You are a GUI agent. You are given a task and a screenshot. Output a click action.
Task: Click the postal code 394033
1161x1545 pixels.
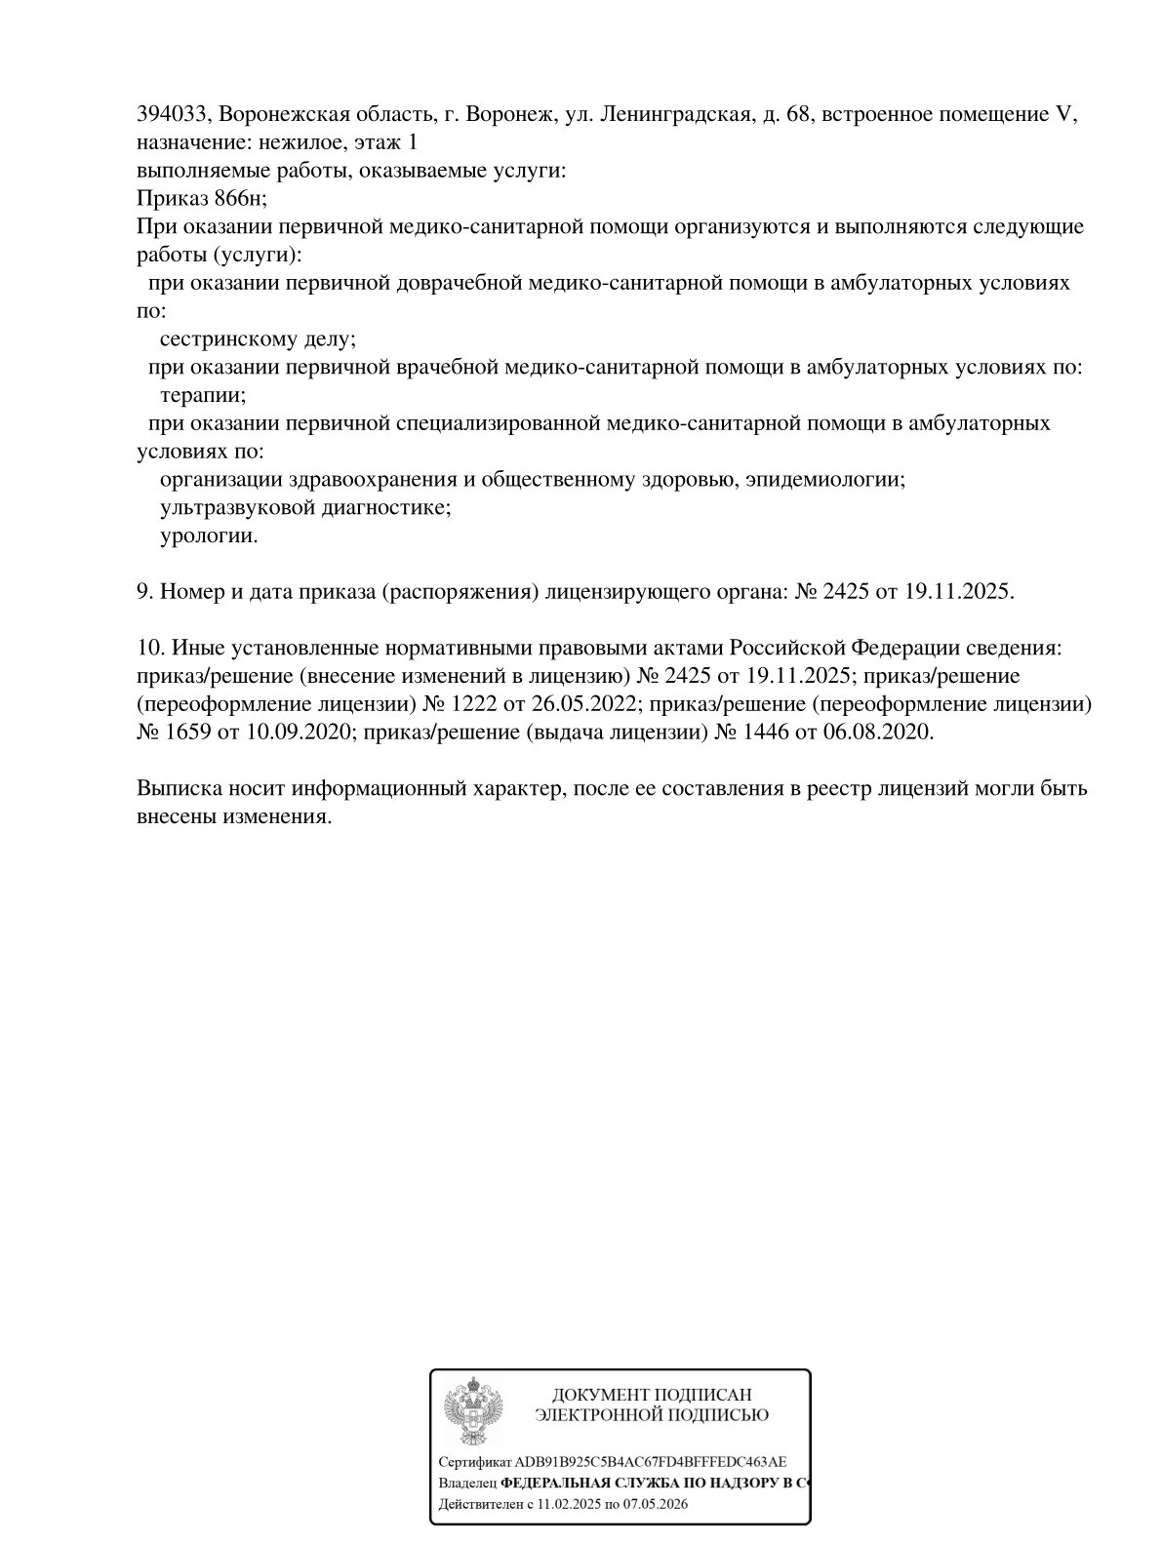[172, 115]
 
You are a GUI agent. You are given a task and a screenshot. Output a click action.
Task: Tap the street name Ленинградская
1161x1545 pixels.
[673, 115]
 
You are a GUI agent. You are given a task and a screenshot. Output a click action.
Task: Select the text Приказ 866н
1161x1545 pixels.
[201, 199]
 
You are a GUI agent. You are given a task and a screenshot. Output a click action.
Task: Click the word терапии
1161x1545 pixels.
[202, 396]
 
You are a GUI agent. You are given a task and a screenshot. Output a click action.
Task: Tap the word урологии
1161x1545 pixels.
[209, 536]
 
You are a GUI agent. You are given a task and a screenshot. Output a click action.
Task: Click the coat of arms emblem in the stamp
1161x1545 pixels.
[473, 1411]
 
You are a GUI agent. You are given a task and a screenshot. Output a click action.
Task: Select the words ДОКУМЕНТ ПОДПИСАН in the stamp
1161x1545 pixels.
[652, 1395]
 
